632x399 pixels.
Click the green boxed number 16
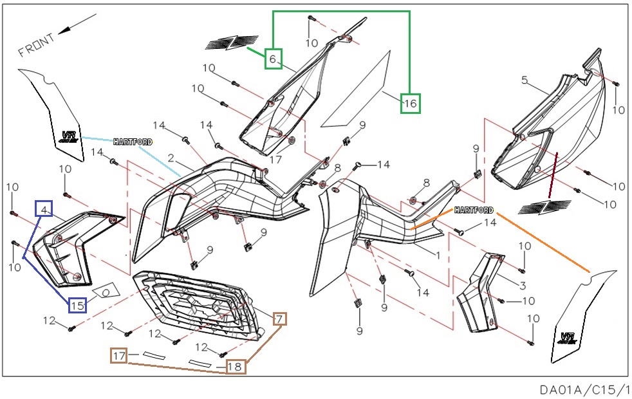[x=411, y=102]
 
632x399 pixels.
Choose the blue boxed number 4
[x=44, y=210]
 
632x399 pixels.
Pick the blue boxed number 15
[x=77, y=304]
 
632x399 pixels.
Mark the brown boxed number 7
[x=279, y=318]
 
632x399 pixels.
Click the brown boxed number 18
[x=236, y=367]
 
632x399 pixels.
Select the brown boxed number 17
[x=119, y=355]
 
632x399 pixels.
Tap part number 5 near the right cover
[x=525, y=80]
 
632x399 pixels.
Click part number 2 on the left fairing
[x=171, y=158]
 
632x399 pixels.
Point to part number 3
[x=523, y=285]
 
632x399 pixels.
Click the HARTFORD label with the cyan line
[x=133, y=142]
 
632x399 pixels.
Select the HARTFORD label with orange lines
[x=474, y=210]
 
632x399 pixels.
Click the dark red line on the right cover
[x=553, y=174]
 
